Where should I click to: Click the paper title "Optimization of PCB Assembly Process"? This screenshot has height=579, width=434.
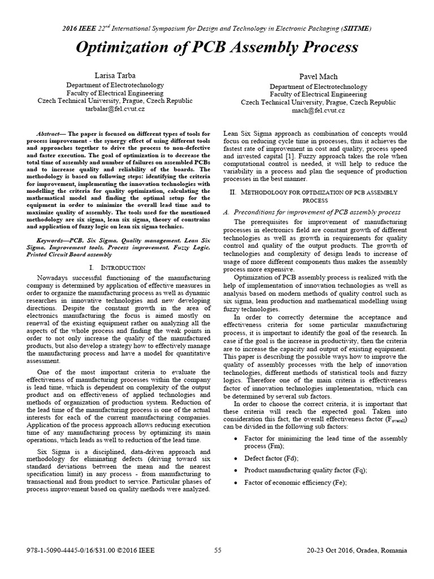pyautogui.click(x=217, y=47)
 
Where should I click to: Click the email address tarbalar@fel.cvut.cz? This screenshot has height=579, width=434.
pyautogui.click(x=115, y=108)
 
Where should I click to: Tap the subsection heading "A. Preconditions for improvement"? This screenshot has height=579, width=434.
pyautogui.click(x=306, y=211)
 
